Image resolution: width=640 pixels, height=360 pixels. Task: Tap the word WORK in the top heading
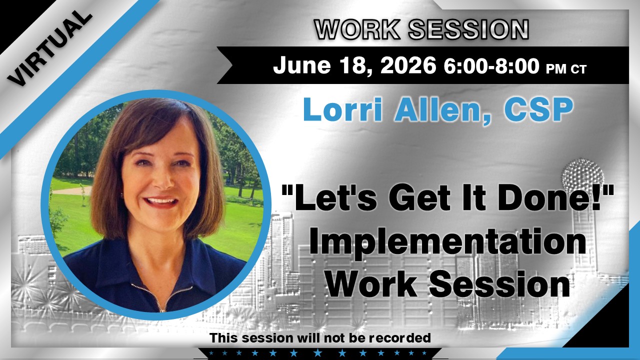click(x=357, y=29)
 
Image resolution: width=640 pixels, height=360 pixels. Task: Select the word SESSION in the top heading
click(x=468, y=29)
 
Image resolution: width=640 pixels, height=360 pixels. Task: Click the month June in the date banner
click(x=302, y=65)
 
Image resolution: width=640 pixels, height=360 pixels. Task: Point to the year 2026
click(x=408, y=65)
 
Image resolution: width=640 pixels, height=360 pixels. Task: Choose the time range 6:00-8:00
click(x=491, y=65)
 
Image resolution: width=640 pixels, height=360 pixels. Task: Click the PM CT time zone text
click(x=566, y=69)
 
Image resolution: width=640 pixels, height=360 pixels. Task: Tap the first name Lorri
click(x=343, y=109)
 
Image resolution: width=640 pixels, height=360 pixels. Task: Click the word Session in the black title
click(x=499, y=283)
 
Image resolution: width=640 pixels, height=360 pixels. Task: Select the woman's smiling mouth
click(x=160, y=201)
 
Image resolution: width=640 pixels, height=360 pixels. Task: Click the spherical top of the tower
click(x=582, y=175)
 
